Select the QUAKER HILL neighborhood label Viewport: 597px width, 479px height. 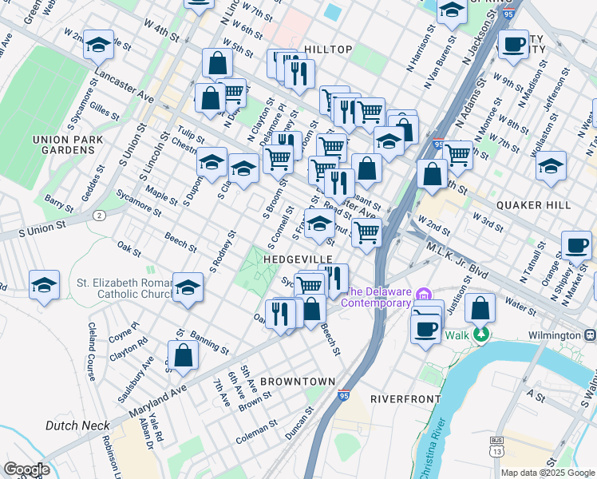[x=532, y=204]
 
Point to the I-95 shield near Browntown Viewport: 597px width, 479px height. [x=343, y=394]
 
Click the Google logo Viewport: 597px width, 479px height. [x=26, y=469]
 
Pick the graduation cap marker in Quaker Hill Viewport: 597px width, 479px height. [x=551, y=166]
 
